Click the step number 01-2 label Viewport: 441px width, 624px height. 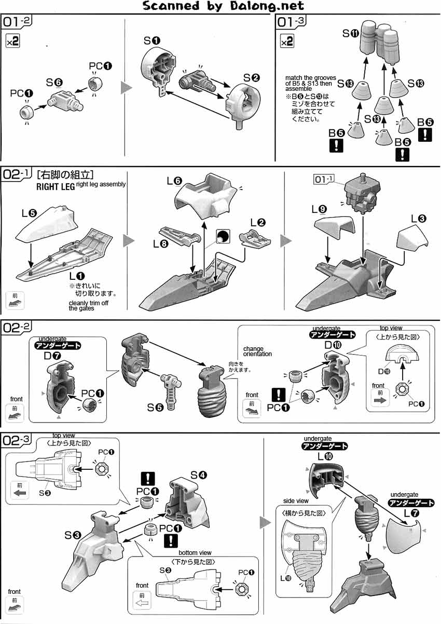pyautogui.click(x=17, y=22)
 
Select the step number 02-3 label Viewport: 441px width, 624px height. pyautogui.click(x=17, y=441)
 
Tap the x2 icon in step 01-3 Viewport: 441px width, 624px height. pyautogui.click(x=286, y=42)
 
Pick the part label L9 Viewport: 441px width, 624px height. pyautogui.click(x=319, y=209)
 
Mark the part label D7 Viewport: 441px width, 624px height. pyautogui.click(x=57, y=356)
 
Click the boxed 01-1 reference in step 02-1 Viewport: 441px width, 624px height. pyautogui.click(x=325, y=179)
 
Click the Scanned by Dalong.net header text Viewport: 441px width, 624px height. pyautogui.click(x=223, y=6)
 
